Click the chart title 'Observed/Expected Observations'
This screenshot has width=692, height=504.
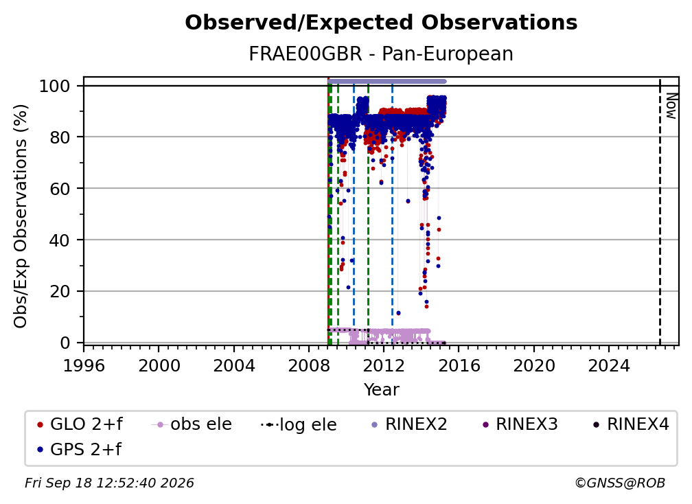click(381, 23)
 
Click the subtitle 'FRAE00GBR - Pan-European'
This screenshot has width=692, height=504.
click(381, 54)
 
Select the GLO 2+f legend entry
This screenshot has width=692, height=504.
click(80, 424)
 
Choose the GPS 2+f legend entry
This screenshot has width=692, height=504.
click(80, 449)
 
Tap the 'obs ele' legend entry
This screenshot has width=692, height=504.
click(192, 424)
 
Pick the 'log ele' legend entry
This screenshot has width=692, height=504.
click(299, 424)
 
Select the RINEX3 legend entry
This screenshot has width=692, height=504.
click(520, 424)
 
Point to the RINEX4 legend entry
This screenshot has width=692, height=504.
click(631, 424)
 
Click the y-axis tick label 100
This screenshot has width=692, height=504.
click(55, 86)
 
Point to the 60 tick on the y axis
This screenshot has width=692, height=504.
click(60, 188)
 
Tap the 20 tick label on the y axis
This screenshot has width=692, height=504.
click(60, 291)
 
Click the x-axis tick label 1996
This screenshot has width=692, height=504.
click(84, 366)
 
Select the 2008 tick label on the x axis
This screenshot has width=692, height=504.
click(309, 366)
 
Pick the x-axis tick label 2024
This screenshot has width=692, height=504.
click(608, 366)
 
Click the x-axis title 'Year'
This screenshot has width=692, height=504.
click(381, 390)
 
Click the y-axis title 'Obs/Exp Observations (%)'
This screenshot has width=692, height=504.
click(21, 216)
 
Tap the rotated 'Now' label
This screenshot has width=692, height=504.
click(671, 106)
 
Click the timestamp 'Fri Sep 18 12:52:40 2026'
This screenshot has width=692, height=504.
click(109, 483)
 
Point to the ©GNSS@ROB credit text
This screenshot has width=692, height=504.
click(620, 483)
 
